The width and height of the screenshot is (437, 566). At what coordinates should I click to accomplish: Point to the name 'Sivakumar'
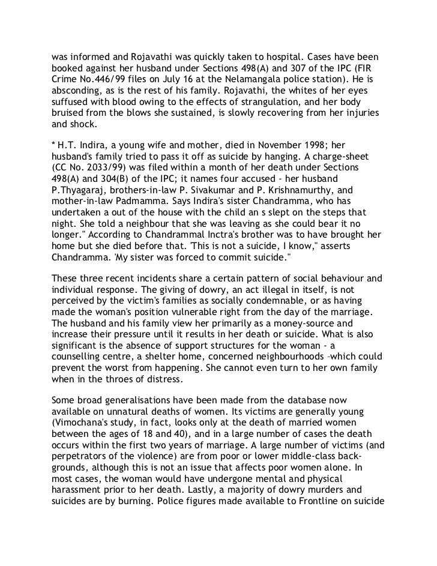[x=237, y=187]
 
